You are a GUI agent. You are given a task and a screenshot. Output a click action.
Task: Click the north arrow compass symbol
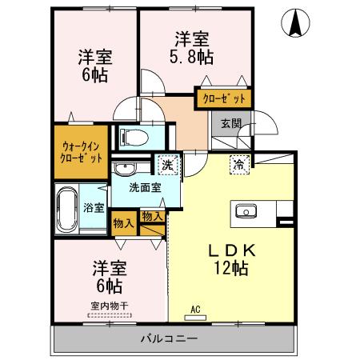[x=295, y=24]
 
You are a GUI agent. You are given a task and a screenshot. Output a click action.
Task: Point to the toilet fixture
[x=133, y=136]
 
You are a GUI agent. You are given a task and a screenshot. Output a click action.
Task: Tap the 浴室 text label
[x=94, y=208]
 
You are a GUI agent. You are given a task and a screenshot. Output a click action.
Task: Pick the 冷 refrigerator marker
[x=238, y=164]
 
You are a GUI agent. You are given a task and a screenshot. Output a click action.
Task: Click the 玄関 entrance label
[x=231, y=123]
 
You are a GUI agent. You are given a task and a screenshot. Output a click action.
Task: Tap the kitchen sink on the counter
[x=244, y=211]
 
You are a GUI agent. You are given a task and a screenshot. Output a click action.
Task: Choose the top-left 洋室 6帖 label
[x=94, y=66]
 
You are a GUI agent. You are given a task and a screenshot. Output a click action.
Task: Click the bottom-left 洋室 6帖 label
[x=107, y=274]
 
